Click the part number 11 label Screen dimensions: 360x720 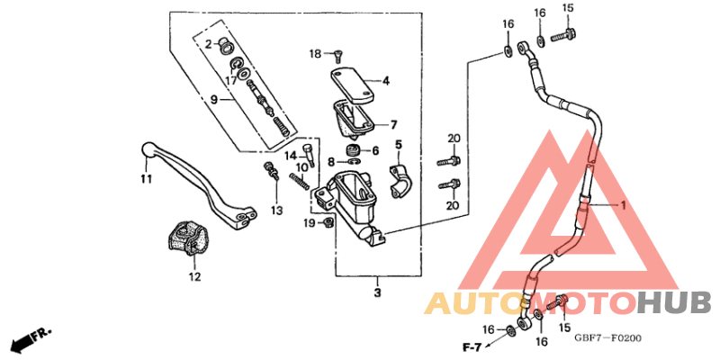pyautogui.click(x=145, y=179)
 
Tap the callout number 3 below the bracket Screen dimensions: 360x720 pyautogui.click(x=378, y=292)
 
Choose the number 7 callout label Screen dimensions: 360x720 pyautogui.click(x=393, y=124)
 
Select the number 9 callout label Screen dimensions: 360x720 pyautogui.click(x=213, y=99)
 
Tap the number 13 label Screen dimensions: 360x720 pyautogui.click(x=276, y=211)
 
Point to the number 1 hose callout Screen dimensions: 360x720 pyautogui.click(x=620, y=205)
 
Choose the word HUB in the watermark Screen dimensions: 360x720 pyautogui.click(x=674, y=303)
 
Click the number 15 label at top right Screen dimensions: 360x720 pyautogui.click(x=568, y=8)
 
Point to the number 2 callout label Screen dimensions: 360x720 pyautogui.click(x=207, y=43)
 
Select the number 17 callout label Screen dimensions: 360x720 pyautogui.click(x=231, y=80)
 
